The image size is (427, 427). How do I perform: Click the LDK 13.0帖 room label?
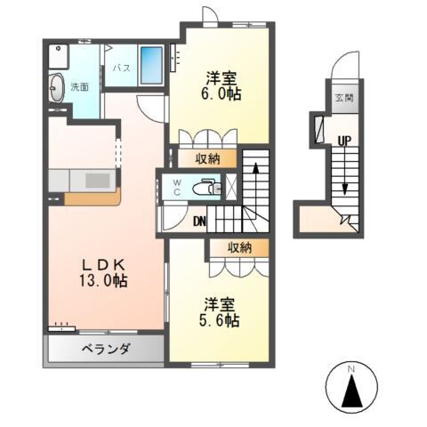click(x=105, y=272)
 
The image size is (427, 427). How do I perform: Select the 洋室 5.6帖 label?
click(x=218, y=312)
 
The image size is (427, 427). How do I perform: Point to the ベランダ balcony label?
click(x=108, y=348)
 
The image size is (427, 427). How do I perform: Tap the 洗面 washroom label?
click(x=78, y=87)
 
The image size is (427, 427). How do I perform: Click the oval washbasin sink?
click(x=57, y=88)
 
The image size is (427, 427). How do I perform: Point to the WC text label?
click(x=176, y=187)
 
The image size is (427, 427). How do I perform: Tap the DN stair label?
click(x=200, y=222)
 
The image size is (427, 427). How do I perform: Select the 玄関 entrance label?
click(x=343, y=98)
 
